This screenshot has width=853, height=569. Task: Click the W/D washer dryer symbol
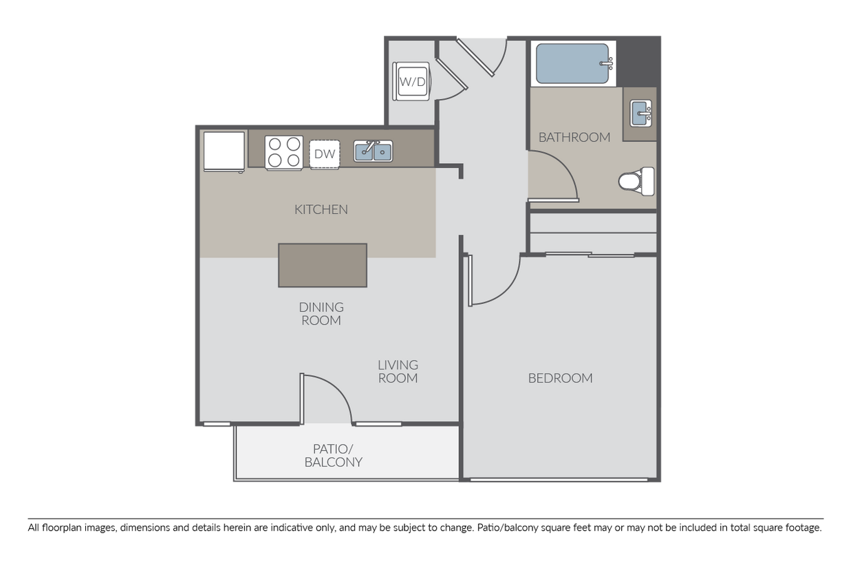[x=412, y=82]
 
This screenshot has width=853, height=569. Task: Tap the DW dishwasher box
[x=325, y=154]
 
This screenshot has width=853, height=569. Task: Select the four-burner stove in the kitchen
[x=284, y=152]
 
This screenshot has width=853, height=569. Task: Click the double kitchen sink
[x=374, y=151]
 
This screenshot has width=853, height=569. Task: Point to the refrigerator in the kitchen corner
[x=224, y=151]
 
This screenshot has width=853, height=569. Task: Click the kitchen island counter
[x=323, y=265]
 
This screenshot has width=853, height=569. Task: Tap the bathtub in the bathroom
[x=572, y=64]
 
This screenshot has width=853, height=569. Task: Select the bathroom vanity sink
[x=642, y=113]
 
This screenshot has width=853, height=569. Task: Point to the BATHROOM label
[x=574, y=137]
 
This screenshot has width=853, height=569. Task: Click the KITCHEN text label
[x=321, y=209]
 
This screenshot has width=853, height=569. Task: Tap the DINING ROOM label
[x=321, y=314]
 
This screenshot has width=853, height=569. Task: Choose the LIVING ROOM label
[x=398, y=372]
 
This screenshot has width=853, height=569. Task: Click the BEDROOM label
[x=561, y=378]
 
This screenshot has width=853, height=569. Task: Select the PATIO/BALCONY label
[x=334, y=455]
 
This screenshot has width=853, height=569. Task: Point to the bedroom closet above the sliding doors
[x=592, y=233]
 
